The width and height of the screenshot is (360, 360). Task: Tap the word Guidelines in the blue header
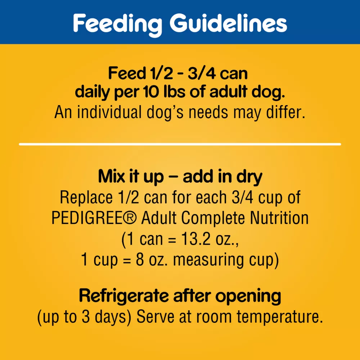229,23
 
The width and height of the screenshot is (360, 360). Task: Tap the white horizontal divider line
180,144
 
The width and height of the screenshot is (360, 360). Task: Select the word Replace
86,197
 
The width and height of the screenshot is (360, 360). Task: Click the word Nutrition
279,218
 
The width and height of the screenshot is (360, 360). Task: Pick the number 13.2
195,239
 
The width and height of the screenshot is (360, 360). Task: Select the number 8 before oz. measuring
140,260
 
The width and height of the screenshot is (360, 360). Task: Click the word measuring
208,261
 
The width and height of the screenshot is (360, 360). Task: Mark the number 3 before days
85,317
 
